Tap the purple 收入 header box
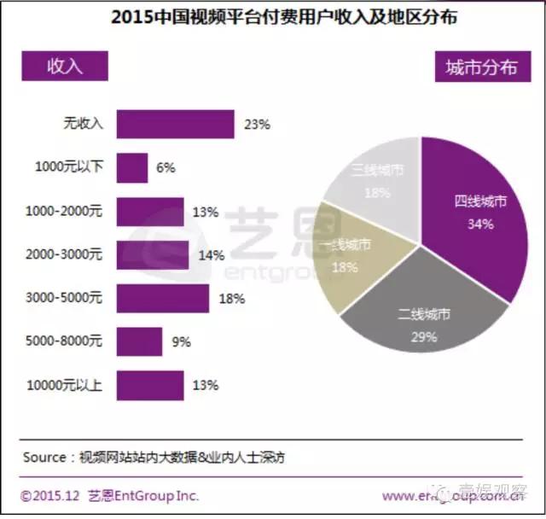coord(65,66)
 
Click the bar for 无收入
coord(174,124)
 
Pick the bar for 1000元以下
coord(131,167)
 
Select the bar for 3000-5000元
coord(162,299)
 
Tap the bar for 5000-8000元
coord(139,341)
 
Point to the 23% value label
coord(257,125)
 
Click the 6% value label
coord(166,168)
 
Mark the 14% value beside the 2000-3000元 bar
coord(211,255)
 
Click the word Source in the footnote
coord(44,458)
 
